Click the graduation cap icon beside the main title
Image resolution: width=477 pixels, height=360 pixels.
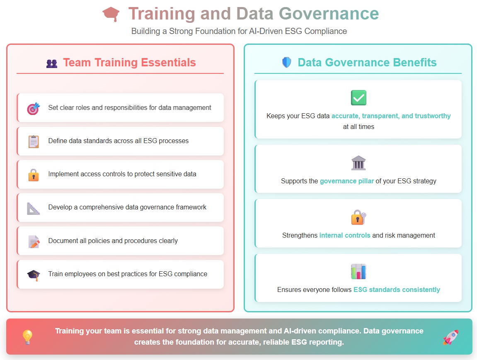click(111, 14)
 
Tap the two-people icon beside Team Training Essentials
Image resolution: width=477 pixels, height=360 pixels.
click(52, 63)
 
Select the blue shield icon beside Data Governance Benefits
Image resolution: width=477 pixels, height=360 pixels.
click(287, 63)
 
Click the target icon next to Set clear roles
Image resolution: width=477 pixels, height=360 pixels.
click(33, 108)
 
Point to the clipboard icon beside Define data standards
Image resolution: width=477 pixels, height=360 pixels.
click(33, 141)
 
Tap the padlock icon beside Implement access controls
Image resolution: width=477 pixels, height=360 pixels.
click(33, 175)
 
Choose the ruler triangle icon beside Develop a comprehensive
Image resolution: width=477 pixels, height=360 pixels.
click(33, 208)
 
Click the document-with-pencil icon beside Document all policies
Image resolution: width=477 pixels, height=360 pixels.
click(33, 241)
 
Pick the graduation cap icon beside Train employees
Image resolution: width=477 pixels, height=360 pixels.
click(33, 275)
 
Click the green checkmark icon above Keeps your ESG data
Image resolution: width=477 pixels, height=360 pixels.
click(358, 98)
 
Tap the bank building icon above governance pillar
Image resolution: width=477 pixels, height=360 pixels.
click(358, 163)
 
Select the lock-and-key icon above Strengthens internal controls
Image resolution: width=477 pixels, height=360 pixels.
click(358, 217)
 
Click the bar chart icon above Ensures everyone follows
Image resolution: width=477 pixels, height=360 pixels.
click(358, 272)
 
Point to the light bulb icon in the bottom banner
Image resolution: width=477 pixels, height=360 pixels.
click(27, 337)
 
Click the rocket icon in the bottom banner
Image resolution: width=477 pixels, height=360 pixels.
click(450, 337)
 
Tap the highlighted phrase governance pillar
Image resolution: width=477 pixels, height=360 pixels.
click(347, 181)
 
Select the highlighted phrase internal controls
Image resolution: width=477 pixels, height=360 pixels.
click(345, 235)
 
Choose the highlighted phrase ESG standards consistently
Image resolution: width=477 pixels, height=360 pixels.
click(397, 289)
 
